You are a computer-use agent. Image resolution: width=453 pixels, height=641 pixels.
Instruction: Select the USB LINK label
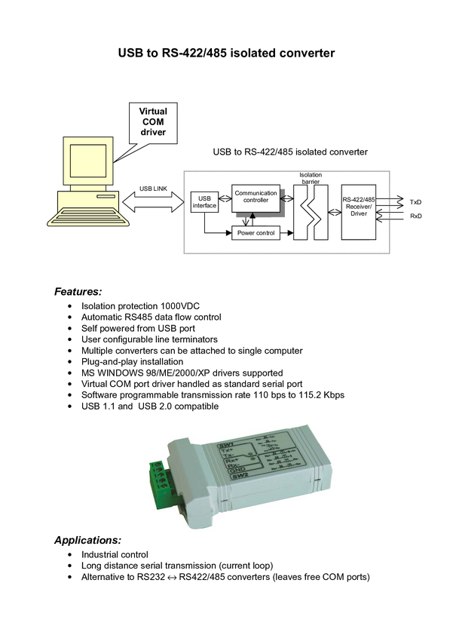pos(153,188)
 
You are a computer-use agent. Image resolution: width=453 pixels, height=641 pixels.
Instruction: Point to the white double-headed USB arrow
pos(153,202)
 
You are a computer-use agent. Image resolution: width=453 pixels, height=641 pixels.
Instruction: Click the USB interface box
pos(204,202)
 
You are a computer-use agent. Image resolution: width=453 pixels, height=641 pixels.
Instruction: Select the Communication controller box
pos(256,197)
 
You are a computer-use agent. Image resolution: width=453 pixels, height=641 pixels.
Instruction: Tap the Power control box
pos(256,233)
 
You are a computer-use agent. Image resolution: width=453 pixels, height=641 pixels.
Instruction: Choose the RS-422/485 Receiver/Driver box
pos(359,210)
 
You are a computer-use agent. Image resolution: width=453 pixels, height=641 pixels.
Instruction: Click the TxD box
pos(416,202)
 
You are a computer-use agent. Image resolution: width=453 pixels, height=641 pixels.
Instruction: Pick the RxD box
pos(416,216)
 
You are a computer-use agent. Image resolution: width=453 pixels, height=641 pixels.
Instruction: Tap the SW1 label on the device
pos(225,447)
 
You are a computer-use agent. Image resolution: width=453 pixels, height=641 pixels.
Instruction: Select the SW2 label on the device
pos(239,477)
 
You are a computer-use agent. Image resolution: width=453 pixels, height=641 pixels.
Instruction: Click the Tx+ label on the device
pos(225,452)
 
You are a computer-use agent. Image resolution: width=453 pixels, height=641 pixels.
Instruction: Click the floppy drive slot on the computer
pos(106,195)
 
